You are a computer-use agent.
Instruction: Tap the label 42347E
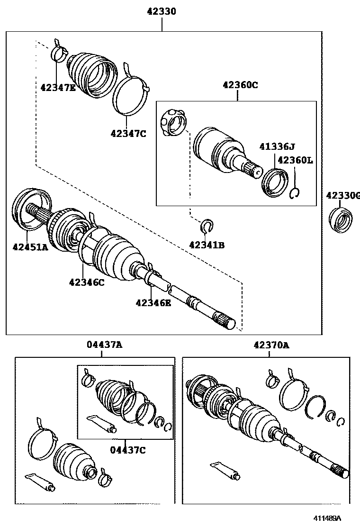coord(58,87)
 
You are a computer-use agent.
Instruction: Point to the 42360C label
coord(240,85)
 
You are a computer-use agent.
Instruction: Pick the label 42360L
coord(295,160)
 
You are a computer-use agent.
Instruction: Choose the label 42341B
coord(207,245)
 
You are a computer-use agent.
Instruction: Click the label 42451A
coord(30,246)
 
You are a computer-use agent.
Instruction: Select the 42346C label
coord(86,282)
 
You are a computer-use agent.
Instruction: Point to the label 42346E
coord(153,302)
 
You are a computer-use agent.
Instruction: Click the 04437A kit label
coord(104,345)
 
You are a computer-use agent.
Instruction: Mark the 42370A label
coord(270,345)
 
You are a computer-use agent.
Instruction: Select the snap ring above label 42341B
coord(207,227)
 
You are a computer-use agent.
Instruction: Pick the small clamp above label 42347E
coord(58,51)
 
